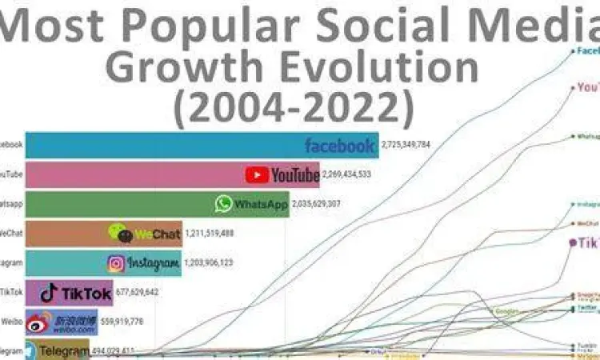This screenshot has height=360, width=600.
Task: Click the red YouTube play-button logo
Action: tap(257, 174)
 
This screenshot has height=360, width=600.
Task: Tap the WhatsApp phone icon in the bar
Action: tap(223, 204)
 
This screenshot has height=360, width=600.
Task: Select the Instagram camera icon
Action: tap(117, 262)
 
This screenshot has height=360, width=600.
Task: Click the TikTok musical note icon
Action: tap(50, 293)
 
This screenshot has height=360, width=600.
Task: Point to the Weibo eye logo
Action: tap(38, 322)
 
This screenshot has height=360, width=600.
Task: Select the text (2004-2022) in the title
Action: tap(293, 104)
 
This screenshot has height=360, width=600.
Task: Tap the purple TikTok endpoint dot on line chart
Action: tap(573, 242)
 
